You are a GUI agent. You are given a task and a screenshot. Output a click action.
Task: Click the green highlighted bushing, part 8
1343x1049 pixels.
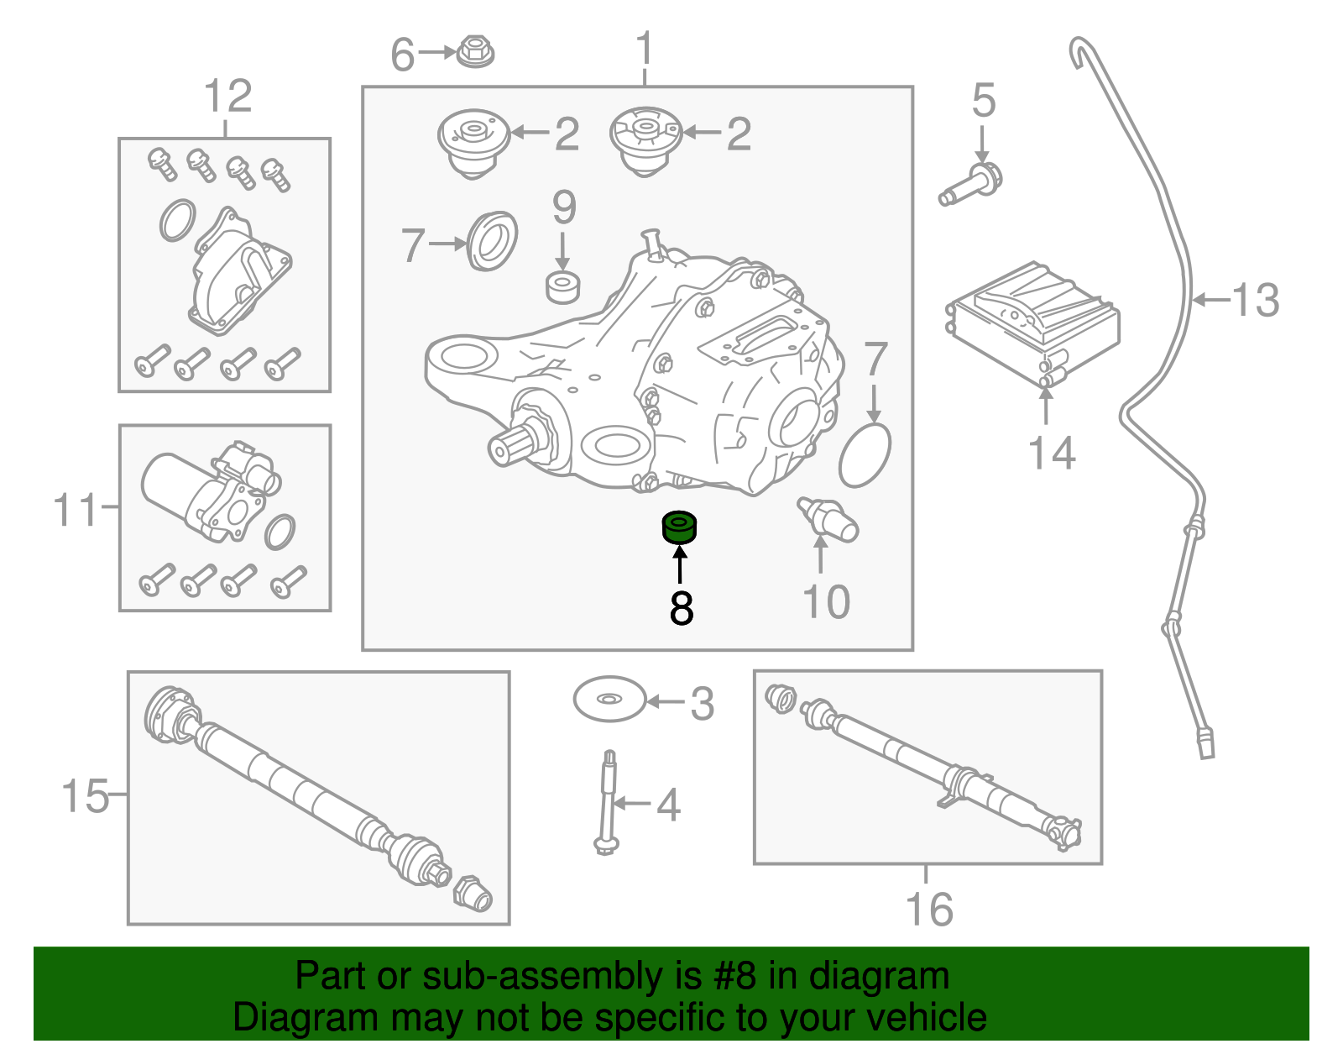[x=680, y=528]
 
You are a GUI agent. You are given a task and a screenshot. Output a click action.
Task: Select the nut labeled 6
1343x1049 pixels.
[x=476, y=52]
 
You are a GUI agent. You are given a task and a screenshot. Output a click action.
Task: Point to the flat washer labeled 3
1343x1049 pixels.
[x=609, y=699]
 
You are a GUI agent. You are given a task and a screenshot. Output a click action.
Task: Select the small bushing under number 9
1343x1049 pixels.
[x=562, y=287]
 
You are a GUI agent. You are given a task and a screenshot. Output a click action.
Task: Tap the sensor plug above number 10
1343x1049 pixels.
[x=828, y=519]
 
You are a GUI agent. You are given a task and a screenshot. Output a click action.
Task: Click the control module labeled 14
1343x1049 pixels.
[x=1033, y=323]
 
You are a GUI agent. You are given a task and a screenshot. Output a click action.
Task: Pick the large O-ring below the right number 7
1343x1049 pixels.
[x=865, y=455]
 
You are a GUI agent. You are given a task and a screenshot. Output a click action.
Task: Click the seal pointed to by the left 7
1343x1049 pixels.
[x=492, y=242]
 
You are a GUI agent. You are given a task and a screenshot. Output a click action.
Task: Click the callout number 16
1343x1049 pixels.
[x=928, y=910]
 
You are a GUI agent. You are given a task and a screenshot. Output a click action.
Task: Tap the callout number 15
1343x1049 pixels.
[x=85, y=795]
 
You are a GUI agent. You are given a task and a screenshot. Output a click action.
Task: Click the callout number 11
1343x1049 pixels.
[x=75, y=510]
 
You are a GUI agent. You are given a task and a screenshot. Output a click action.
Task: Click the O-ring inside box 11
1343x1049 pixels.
[x=280, y=531]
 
